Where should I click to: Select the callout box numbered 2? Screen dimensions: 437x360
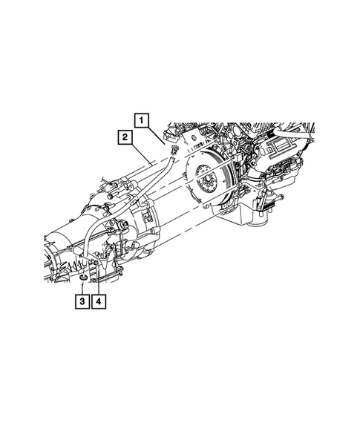125,137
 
